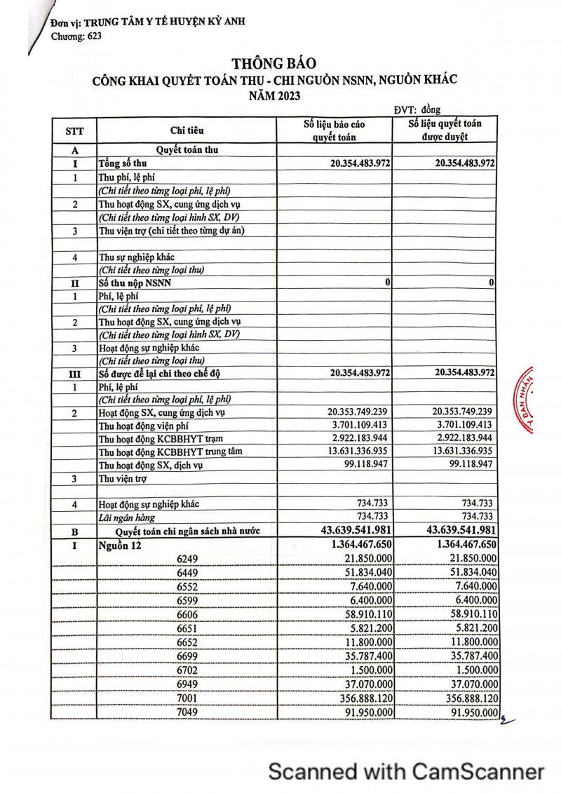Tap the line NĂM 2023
(x=274, y=96)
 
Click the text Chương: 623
(x=76, y=36)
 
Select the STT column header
(x=74, y=130)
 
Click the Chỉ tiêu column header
(x=188, y=130)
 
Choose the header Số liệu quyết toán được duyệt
(x=445, y=130)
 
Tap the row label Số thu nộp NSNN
(x=133, y=282)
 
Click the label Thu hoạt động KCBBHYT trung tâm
(x=170, y=452)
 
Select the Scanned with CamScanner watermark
(x=407, y=772)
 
